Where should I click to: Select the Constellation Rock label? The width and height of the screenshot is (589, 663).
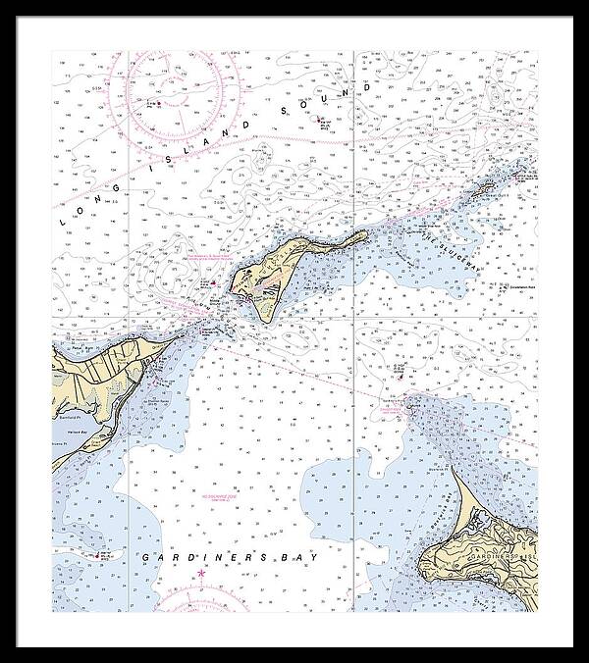coord(514,290)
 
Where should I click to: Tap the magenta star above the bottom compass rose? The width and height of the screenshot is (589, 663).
coord(202,572)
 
